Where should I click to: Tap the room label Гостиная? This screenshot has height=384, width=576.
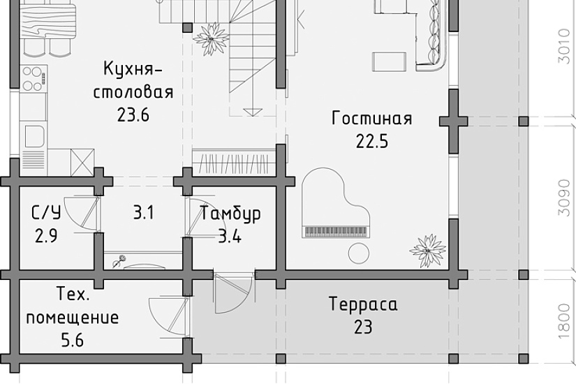click(371, 118)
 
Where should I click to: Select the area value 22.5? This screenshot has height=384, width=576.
click(371, 142)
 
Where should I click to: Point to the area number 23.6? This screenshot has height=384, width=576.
click(134, 114)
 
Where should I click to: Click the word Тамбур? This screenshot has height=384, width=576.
click(230, 214)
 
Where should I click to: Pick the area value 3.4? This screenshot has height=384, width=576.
click(230, 237)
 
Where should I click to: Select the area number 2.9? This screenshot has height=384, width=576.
click(45, 236)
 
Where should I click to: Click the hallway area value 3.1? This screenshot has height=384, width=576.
click(143, 213)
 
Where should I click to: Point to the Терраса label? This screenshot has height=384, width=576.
click(363, 304)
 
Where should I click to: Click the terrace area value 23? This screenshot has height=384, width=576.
click(363, 327)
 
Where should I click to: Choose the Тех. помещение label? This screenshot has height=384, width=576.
click(72, 306)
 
